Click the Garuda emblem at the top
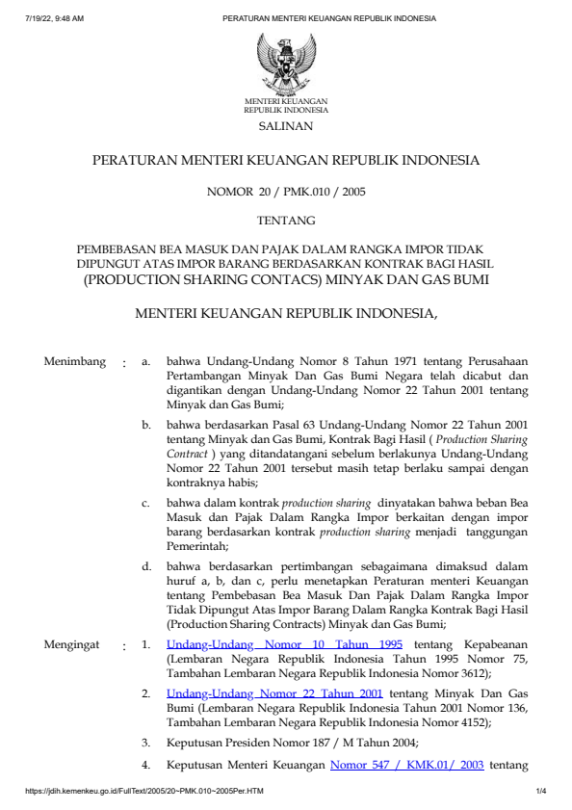pyautogui.click(x=285, y=63)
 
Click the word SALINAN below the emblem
pyautogui.click(x=286, y=126)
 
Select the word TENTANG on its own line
pyautogui.click(x=286, y=221)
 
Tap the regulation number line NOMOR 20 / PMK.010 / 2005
pyautogui.click(x=286, y=192)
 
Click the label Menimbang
pyautogui.click(x=74, y=362)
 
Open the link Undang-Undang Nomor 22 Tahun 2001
pyautogui.click(x=274, y=692)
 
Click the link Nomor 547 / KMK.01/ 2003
pyautogui.click(x=406, y=766)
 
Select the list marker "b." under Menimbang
pyautogui.click(x=146, y=424)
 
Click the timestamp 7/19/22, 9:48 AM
pyautogui.click(x=54, y=18)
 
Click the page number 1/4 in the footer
pyautogui.click(x=541, y=791)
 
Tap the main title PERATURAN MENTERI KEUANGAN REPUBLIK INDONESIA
pyautogui.click(x=286, y=160)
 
